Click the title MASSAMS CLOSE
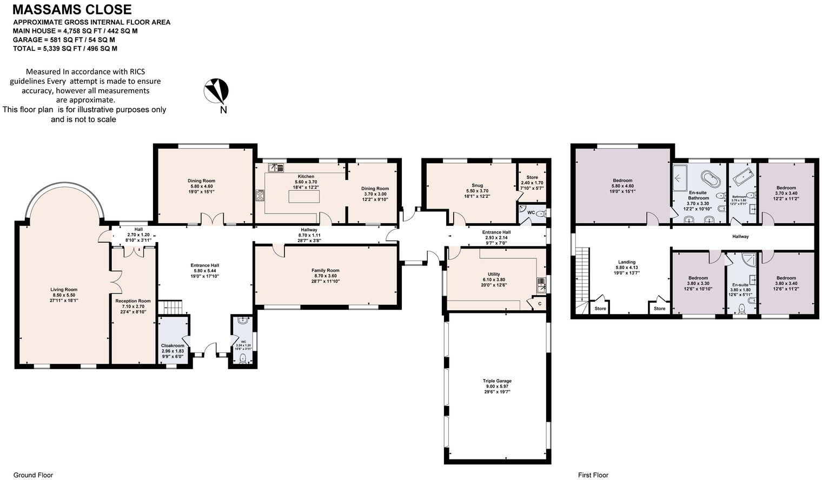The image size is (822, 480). [72, 9]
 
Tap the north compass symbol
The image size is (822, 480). [216, 91]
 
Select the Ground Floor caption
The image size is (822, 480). [33, 475]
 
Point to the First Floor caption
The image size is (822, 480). [593, 475]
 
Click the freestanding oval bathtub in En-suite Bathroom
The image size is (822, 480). [708, 178]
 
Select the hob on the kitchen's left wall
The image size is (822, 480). [260, 196]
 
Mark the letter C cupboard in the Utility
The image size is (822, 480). [539, 304]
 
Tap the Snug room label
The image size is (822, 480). [477, 190]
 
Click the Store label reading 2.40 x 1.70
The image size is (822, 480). [532, 182]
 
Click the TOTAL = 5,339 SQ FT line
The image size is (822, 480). [65, 49]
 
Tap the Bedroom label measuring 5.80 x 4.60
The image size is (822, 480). [622, 185]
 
